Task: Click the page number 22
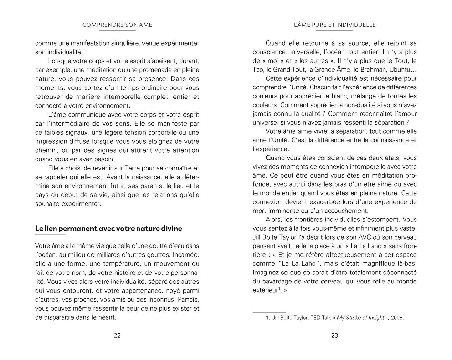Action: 117,335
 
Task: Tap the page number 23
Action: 335,335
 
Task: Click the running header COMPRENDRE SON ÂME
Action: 117,25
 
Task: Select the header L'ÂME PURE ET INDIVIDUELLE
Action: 335,25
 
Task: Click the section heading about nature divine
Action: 108,228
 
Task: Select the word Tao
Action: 258,69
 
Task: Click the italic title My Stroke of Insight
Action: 360,318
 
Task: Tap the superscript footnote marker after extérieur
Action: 279,288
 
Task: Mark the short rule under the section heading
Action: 50,234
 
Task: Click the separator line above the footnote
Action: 269,312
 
